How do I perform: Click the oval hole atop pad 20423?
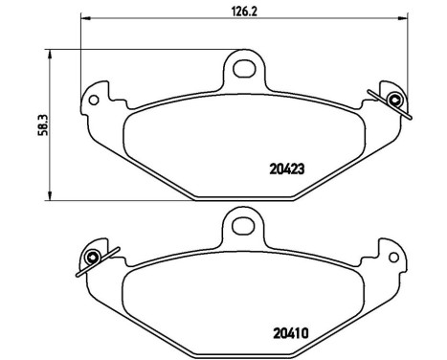point(244,68)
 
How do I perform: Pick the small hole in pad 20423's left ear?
point(95,97)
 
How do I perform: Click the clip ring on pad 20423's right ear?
point(394,98)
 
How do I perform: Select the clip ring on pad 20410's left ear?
point(93,259)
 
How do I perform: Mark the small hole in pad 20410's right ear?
point(393,259)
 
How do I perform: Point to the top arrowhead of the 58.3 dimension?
point(47,55)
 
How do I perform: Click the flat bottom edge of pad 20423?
point(243,199)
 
